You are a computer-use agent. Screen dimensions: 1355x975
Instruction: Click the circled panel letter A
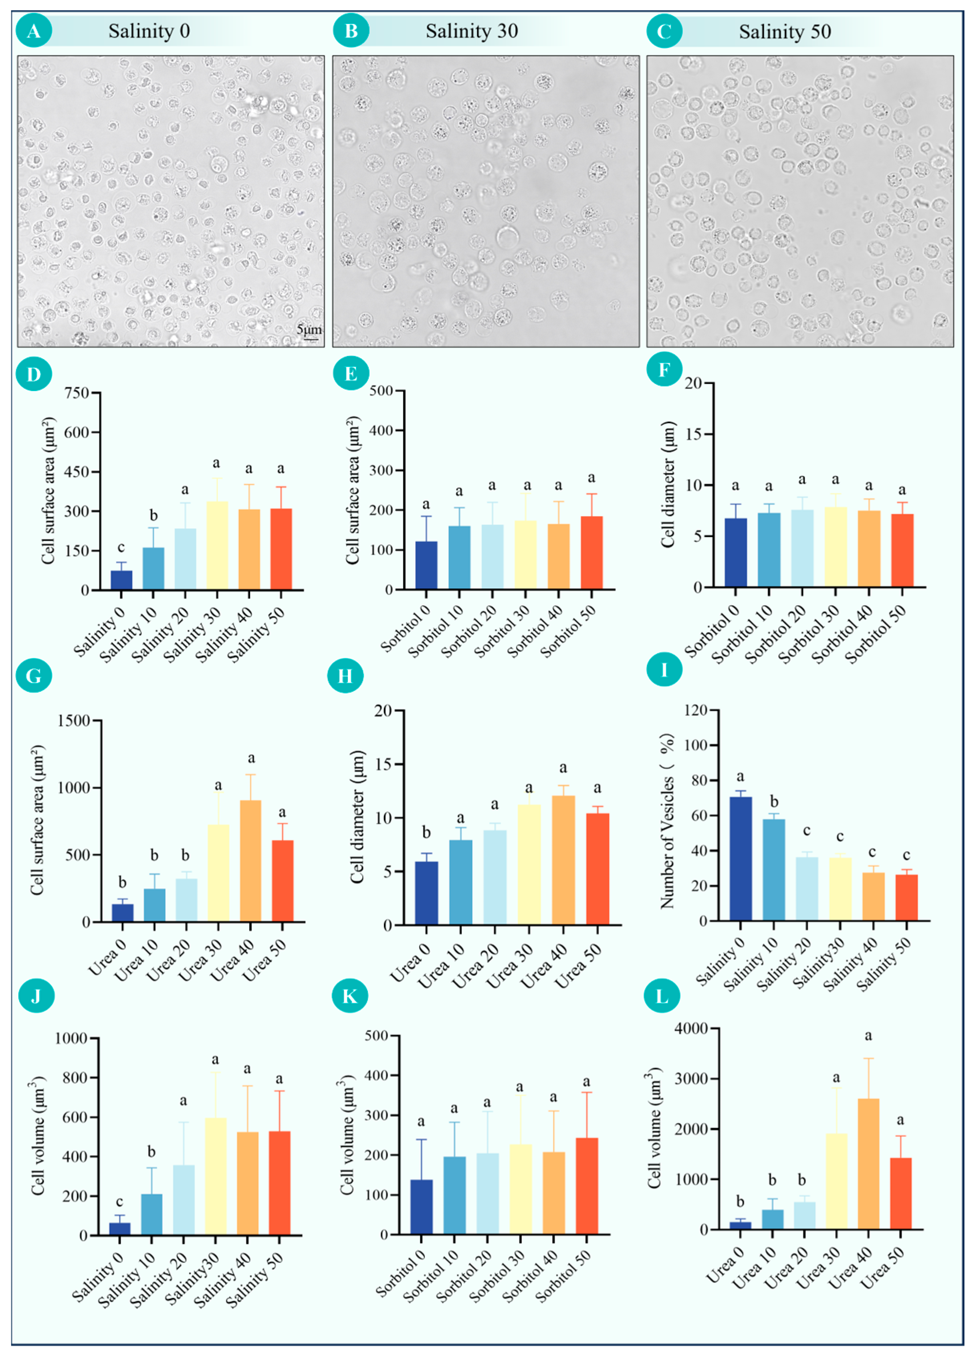(x=33, y=31)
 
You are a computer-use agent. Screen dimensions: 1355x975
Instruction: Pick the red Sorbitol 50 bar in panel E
(x=591, y=553)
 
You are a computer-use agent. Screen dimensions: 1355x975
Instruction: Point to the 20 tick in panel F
(x=693, y=383)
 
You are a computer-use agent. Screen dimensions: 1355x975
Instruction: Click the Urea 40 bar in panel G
(x=250, y=861)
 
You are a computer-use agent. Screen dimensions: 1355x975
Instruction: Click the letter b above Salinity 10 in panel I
(x=774, y=802)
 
